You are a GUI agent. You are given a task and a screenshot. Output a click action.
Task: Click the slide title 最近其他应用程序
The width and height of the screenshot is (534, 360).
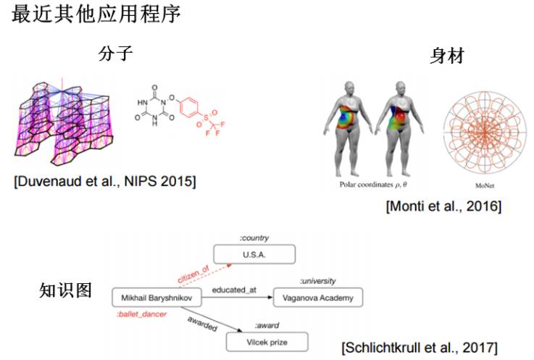[96, 16]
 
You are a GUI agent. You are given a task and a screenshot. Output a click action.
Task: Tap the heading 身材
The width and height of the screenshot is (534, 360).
[447, 56]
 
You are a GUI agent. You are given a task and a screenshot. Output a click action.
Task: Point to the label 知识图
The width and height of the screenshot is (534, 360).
[65, 291]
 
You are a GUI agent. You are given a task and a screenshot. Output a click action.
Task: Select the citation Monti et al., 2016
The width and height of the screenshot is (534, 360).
[443, 206]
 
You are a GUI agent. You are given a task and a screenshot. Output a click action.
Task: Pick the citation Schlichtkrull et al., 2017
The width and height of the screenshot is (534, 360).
[420, 347]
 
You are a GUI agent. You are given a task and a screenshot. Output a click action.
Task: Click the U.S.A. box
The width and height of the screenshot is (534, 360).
[254, 254]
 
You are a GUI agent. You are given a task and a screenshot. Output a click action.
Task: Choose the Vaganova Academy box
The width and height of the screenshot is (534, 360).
[317, 297]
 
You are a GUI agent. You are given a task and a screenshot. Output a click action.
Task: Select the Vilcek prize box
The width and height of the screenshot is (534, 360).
[267, 341]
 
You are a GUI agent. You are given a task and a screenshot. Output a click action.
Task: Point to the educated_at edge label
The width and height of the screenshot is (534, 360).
[234, 290]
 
